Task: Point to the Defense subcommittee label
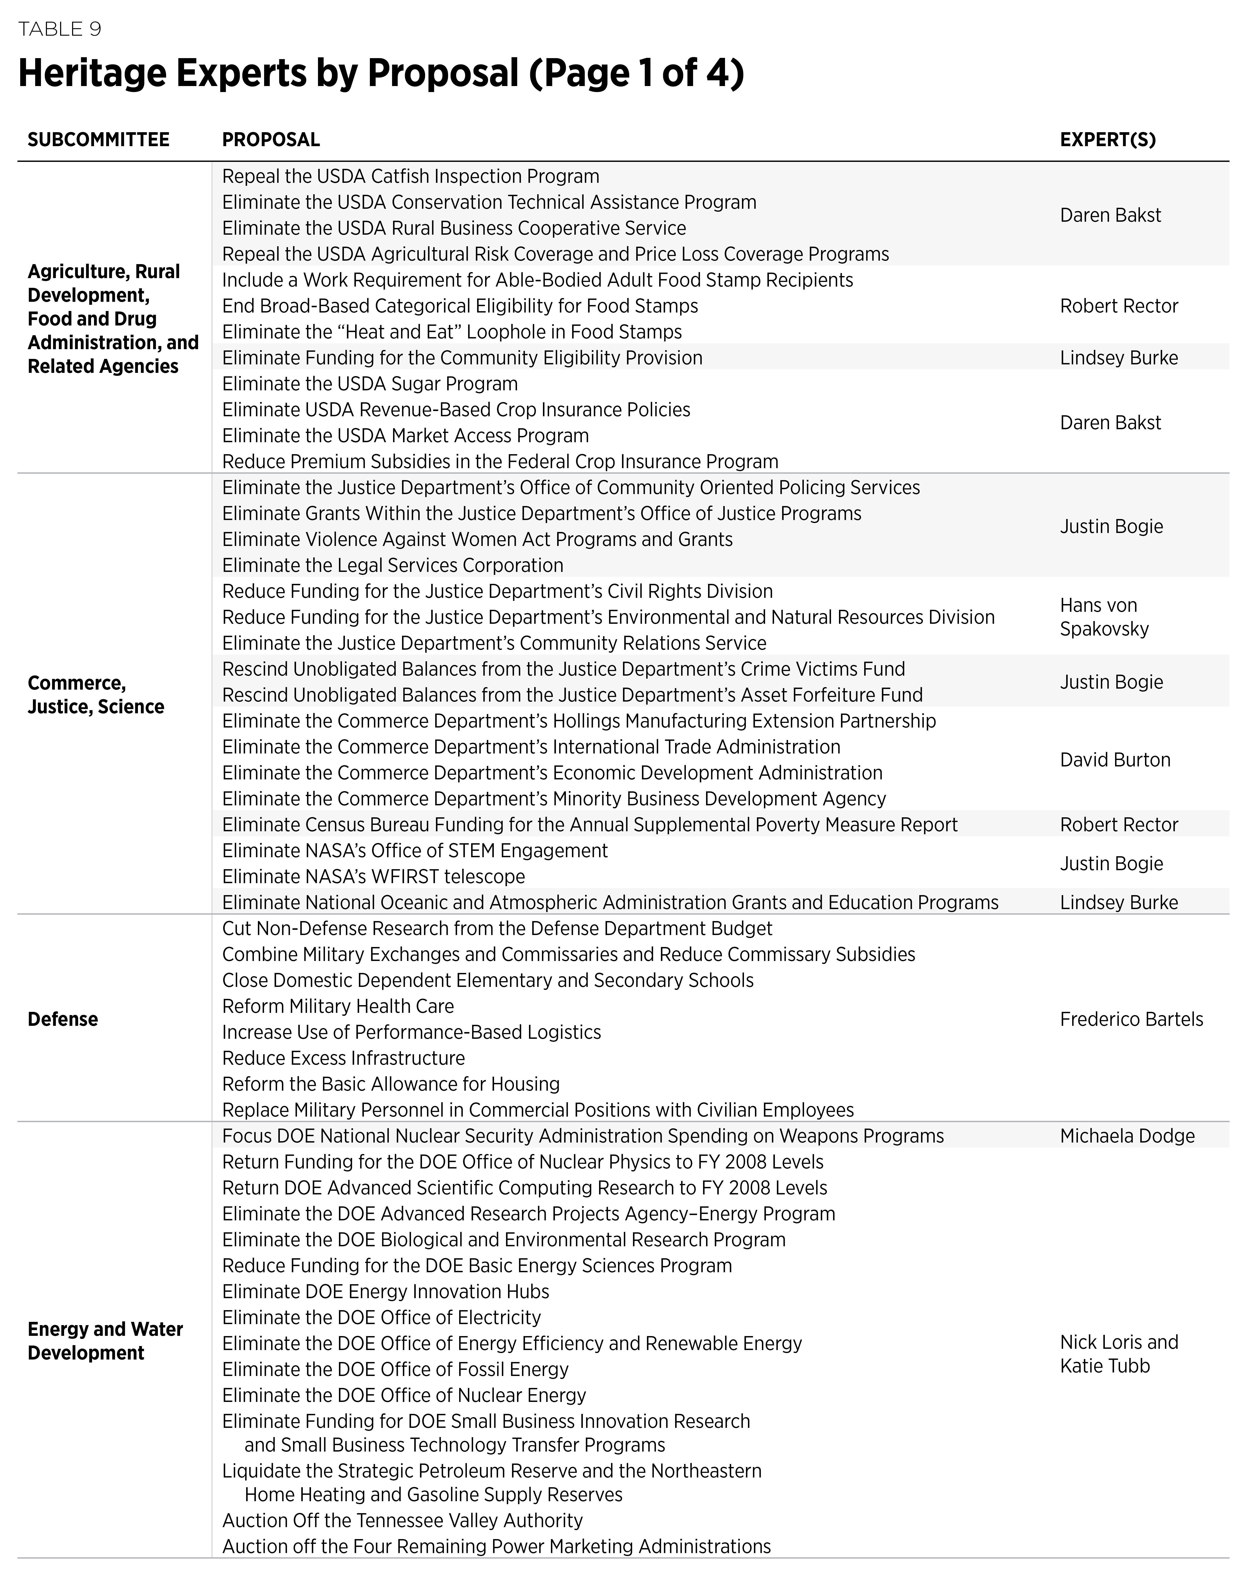point(63,1019)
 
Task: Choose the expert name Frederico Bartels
point(1131,1019)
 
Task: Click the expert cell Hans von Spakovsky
point(1104,617)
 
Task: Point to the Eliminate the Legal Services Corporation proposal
point(392,565)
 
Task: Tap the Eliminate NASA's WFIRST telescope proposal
point(373,876)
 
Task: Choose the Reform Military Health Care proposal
point(337,1006)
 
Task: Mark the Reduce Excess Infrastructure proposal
point(343,1058)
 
